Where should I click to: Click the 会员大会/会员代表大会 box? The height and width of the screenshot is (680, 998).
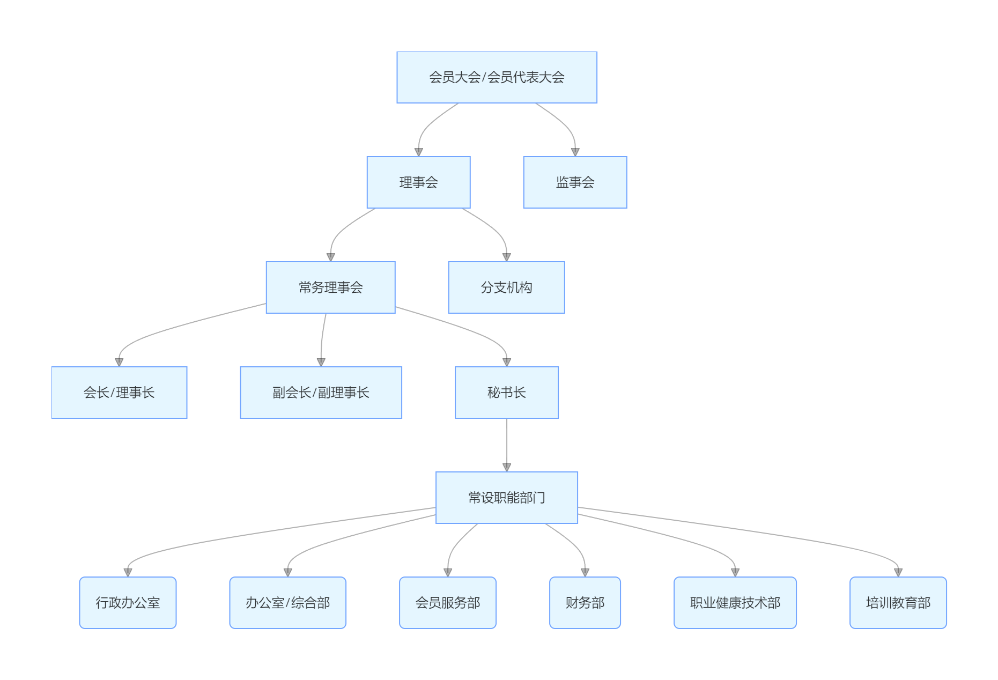tap(497, 77)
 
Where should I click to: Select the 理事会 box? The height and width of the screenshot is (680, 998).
tap(418, 182)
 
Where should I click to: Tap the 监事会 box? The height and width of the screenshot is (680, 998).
tap(575, 182)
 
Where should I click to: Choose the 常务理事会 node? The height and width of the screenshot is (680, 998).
tap(330, 287)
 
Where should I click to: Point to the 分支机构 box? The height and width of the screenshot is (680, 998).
tap(506, 287)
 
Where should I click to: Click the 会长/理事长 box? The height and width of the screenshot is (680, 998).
tap(119, 393)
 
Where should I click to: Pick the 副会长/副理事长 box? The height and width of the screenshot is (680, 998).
tap(321, 393)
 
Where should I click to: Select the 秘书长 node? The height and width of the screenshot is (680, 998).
tap(506, 393)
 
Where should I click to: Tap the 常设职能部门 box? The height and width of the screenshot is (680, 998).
tap(506, 498)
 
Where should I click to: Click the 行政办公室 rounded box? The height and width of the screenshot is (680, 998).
tap(128, 603)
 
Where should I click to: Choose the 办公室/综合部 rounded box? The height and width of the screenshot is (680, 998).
tap(287, 603)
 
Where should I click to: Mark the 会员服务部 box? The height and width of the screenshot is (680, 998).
tap(447, 603)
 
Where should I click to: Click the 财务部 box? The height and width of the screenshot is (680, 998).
tap(585, 603)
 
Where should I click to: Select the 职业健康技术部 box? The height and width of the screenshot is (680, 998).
tap(735, 603)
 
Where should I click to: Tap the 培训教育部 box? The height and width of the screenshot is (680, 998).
tap(898, 603)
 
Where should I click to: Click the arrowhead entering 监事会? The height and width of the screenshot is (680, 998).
tap(575, 152)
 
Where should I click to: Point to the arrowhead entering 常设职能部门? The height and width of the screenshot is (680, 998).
tap(506, 468)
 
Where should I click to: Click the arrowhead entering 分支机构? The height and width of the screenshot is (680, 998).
tap(506, 257)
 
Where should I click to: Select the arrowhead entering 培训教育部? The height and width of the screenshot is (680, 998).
tap(898, 573)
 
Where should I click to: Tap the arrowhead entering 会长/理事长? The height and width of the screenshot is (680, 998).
tap(119, 363)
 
